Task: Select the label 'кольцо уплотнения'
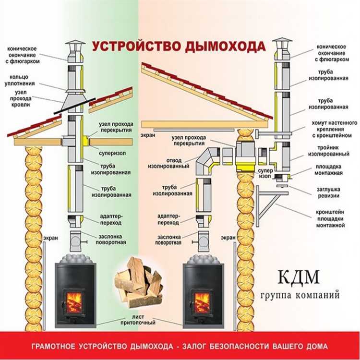[x=21, y=80]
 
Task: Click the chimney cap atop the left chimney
[x=74, y=47]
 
